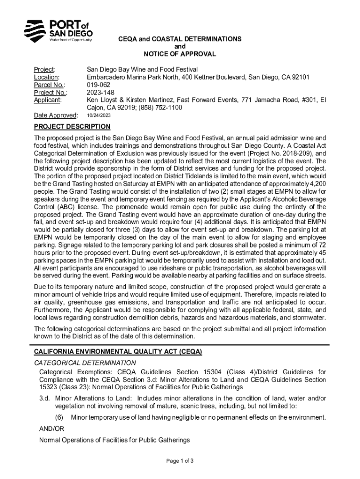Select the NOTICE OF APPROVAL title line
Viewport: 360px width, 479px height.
[180, 54]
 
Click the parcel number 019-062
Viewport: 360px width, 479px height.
[98, 85]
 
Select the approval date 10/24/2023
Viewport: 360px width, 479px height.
[100, 115]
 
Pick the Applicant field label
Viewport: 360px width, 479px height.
[49, 100]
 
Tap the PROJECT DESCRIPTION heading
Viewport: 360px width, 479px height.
[72, 127]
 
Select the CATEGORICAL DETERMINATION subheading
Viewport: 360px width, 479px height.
[85, 363]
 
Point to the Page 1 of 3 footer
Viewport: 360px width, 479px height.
[180, 461]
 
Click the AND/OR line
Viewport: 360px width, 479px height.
[51, 429]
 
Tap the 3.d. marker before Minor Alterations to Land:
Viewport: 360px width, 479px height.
[45, 398]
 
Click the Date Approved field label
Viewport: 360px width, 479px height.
[56, 115]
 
